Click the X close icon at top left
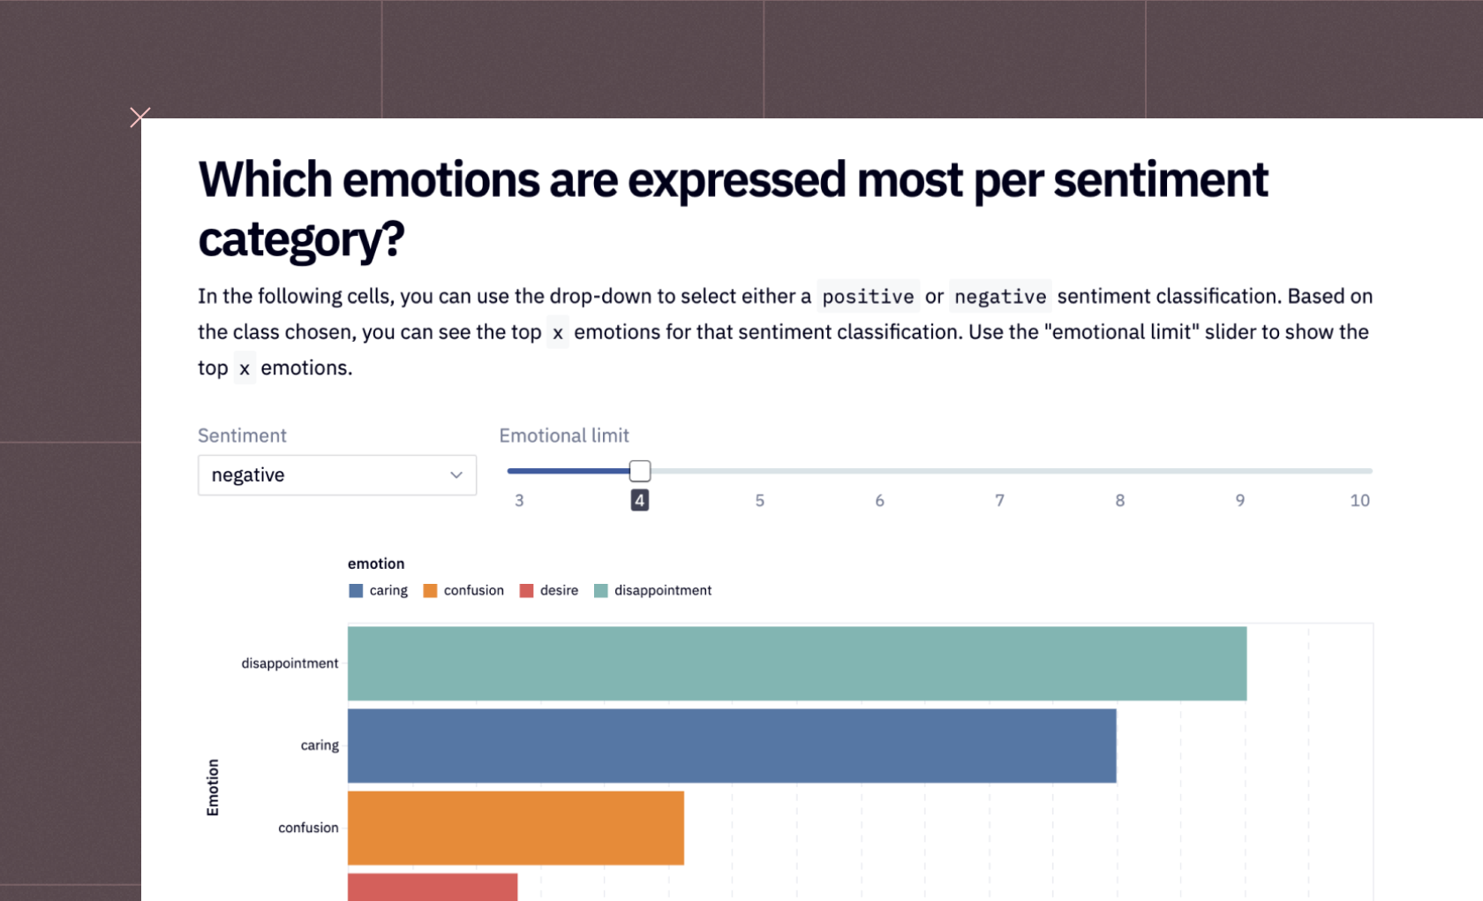pos(139,117)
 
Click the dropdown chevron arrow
pos(456,475)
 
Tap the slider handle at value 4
pos(640,471)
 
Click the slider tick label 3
pos(519,501)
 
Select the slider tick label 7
pos(999,501)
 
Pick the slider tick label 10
pos(1359,501)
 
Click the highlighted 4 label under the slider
pos(640,501)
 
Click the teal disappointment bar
pos(796,663)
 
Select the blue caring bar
pos(731,746)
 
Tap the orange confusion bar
pos(516,828)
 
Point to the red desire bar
pos(433,887)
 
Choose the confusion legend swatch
pos(431,591)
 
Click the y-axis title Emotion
pos(213,787)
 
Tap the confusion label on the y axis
pos(308,828)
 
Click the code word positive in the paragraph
pos(868,297)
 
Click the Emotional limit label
pos(564,435)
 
